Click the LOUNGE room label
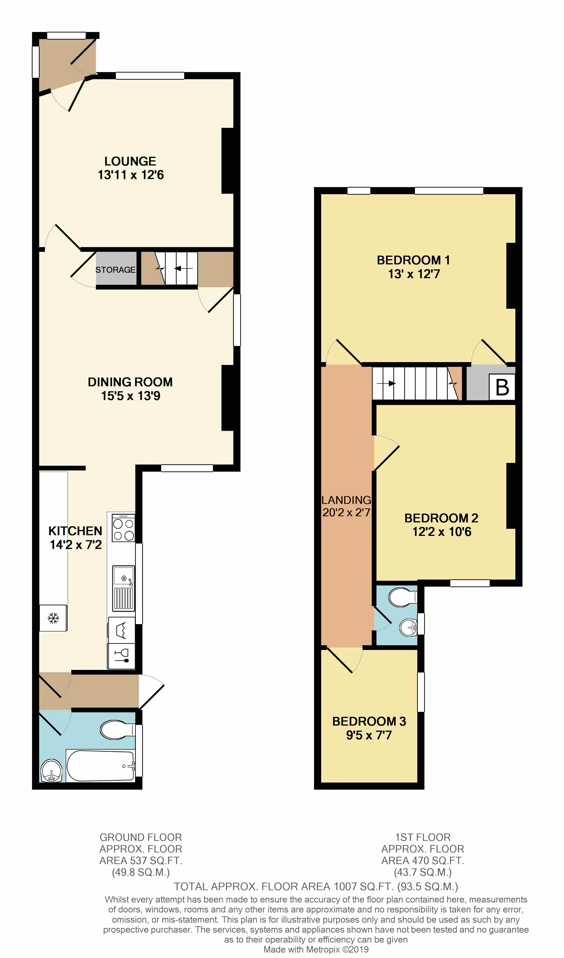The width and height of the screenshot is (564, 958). point(130,161)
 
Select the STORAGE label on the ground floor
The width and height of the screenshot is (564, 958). point(115,270)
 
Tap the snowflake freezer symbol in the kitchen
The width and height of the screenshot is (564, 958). point(53,618)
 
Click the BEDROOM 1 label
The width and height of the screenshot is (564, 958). point(413,260)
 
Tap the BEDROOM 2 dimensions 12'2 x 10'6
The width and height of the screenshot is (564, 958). point(442,531)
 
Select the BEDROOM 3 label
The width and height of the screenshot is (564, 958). point(369,721)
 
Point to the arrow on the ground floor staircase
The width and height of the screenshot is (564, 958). point(183,268)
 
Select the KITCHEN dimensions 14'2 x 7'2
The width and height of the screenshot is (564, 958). point(76,545)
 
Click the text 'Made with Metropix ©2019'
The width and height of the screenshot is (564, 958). point(316,949)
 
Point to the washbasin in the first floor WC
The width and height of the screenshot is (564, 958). point(408,627)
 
